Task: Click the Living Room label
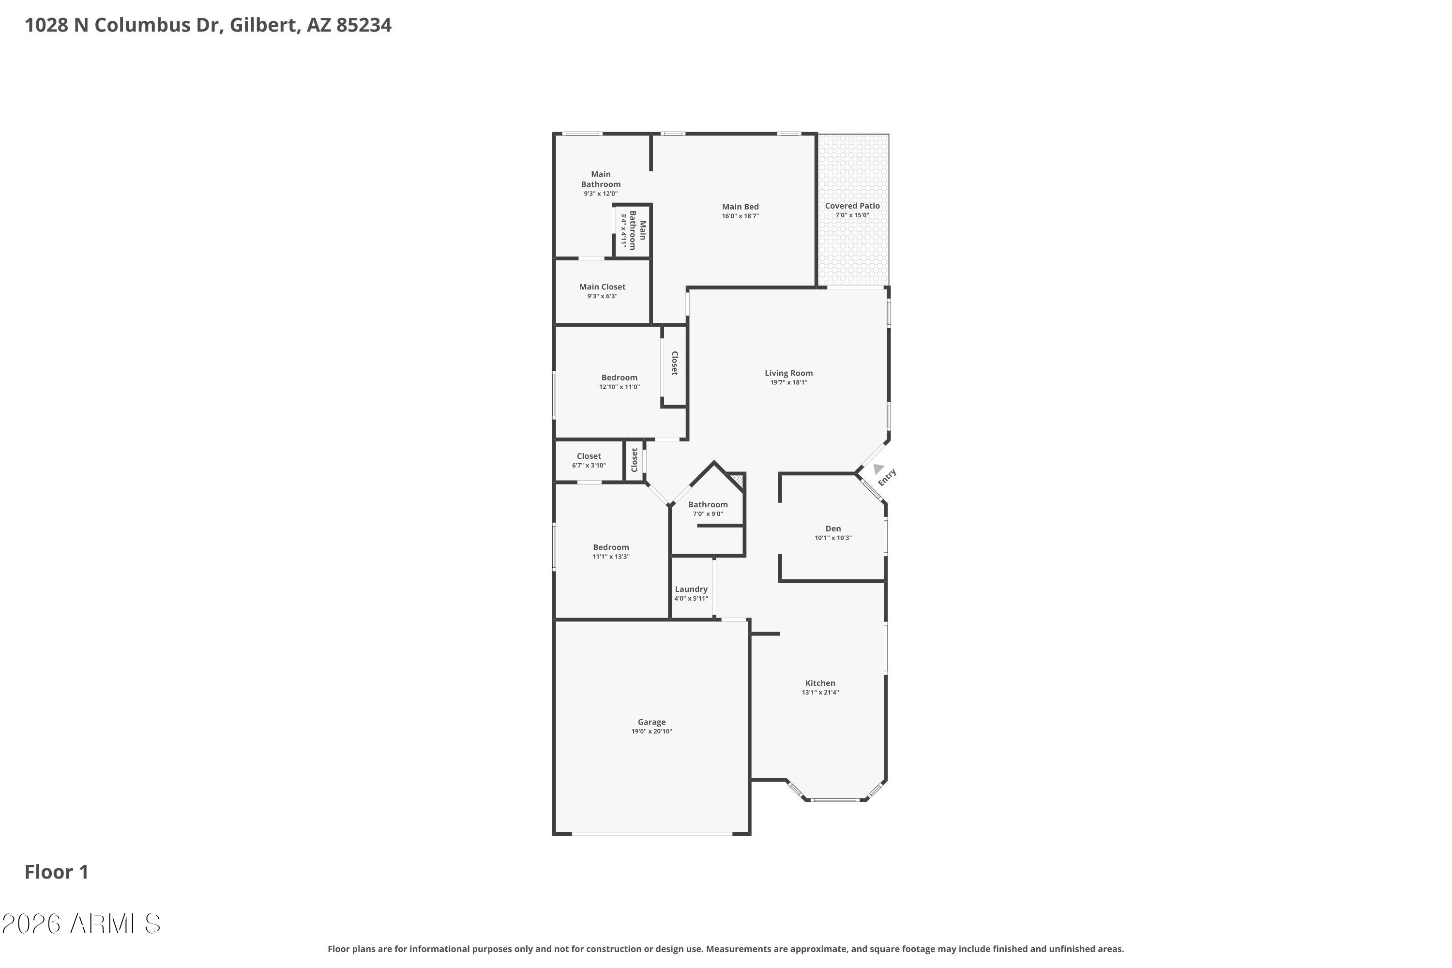788,373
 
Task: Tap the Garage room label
651,722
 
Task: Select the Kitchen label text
820,683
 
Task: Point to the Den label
833,529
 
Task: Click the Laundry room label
691,590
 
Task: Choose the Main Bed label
740,207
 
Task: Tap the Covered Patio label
852,206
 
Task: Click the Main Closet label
602,287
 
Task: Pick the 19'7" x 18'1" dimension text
788,383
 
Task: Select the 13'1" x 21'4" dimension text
820,693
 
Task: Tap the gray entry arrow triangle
878,469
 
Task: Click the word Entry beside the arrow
887,477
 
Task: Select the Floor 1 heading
57,872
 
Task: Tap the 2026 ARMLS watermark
81,923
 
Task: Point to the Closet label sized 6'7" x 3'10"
589,456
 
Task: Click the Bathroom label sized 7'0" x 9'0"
708,504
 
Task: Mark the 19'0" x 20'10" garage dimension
651,731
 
